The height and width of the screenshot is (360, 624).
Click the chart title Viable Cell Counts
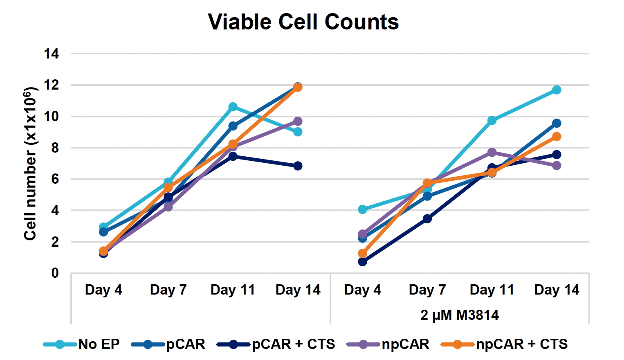(x=303, y=22)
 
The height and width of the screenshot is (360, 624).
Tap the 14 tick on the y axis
(x=52, y=54)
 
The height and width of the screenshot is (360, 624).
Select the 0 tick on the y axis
(x=55, y=273)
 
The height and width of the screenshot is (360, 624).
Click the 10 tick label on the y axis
(x=52, y=117)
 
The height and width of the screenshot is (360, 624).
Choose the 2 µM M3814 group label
(x=459, y=315)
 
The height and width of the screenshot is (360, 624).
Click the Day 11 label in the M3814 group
(x=492, y=290)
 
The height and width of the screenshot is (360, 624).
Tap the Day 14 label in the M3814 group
(x=557, y=290)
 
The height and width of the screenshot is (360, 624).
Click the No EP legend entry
(x=82, y=344)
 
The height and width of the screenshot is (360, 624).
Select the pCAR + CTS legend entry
(x=276, y=344)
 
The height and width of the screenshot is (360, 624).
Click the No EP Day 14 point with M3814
(x=557, y=90)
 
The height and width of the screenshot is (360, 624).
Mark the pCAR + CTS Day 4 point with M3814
(x=362, y=261)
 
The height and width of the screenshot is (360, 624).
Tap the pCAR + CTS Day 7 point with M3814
(x=427, y=219)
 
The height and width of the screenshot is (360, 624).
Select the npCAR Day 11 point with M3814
(x=492, y=152)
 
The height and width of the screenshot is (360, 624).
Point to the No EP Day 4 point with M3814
(x=362, y=209)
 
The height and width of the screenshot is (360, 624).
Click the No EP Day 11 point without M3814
(x=233, y=107)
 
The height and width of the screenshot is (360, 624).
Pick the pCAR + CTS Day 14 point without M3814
(x=298, y=166)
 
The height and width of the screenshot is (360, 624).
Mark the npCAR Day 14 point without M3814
(x=298, y=121)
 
